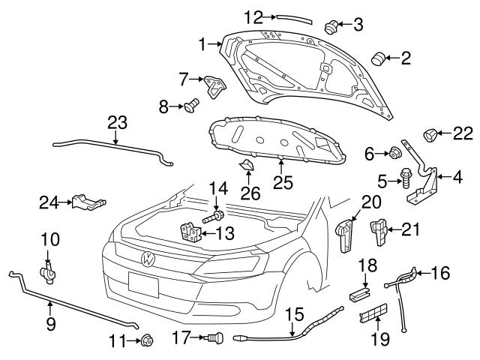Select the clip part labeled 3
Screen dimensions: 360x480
coord(329,27)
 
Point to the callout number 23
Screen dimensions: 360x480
coord(117,121)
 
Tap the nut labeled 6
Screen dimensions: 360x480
coord(391,154)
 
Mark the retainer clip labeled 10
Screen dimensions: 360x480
coord(49,271)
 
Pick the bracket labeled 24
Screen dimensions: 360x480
coord(88,202)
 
